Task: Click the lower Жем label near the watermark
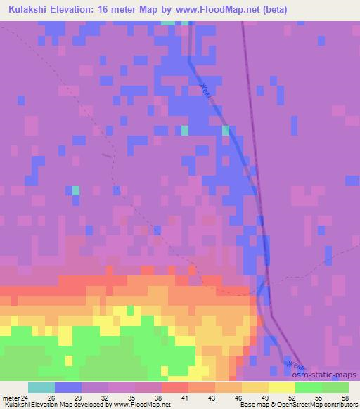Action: tap(295, 365)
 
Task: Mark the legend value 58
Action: tap(344, 397)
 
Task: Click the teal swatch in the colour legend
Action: tap(41, 387)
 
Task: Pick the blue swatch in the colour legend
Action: tap(68, 387)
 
